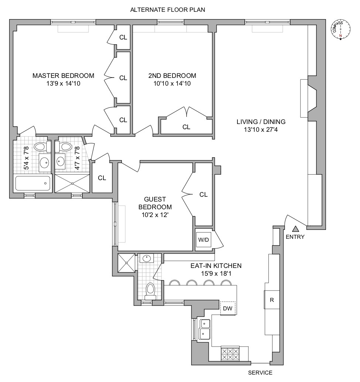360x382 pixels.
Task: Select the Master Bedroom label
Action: [63, 76]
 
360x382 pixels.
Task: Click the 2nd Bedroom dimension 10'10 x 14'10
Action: [172, 83]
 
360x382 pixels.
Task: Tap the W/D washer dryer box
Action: [204, 240]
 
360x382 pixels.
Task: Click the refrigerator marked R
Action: [272, 300]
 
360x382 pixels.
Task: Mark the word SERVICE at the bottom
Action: [260, 373]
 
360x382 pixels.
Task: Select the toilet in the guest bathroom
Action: [150, 290]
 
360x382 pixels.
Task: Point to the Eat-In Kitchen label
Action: [216, 265]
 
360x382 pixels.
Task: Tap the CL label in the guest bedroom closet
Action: [203, 195]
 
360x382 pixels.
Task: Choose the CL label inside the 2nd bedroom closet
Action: [186, 127]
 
